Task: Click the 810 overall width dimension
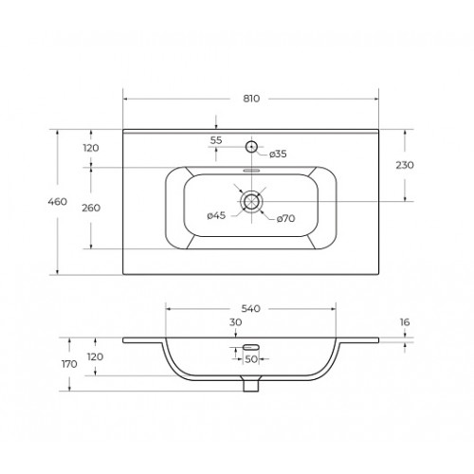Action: point(251,99)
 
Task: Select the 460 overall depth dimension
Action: point(58,201)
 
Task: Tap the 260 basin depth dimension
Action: point(91,208)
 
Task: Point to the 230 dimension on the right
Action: point(405,165)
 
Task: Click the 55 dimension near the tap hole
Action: point(216,140)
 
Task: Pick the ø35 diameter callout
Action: point(278,154)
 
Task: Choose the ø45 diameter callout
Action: point(216,215)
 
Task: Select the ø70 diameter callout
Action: point(286,218)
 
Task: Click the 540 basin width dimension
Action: point(251,308)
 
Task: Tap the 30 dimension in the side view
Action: point(236,322)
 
